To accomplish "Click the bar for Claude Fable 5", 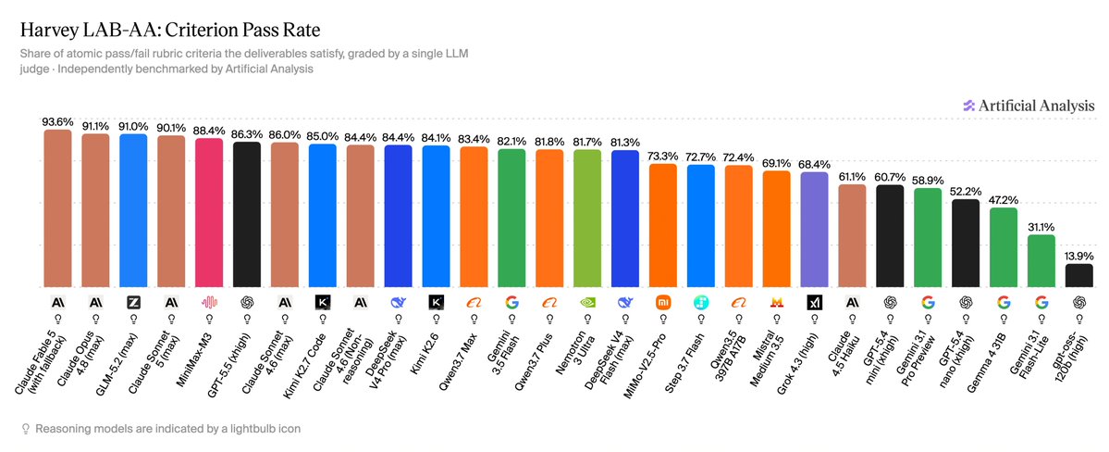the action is (58, 209).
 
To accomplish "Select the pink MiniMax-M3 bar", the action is (209, 213).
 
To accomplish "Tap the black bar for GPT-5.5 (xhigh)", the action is (247, 216).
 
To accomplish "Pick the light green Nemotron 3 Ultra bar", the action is (587, 219).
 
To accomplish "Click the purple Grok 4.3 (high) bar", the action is (814, 231).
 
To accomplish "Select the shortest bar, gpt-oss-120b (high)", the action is (1078, 276).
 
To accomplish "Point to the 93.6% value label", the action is (58, 122).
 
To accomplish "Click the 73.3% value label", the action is (662, 157).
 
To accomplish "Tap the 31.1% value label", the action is (1041, 228).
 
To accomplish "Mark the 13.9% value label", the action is (1078, 257).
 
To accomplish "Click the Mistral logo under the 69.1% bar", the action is (776, 303).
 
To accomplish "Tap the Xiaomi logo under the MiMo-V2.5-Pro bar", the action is (662, 303).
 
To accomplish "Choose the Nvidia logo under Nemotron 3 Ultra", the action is (587, 303).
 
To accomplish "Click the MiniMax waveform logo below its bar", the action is (209, 303).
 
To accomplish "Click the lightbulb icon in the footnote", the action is (26, 429).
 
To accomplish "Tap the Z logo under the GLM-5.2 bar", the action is (134, 303).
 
